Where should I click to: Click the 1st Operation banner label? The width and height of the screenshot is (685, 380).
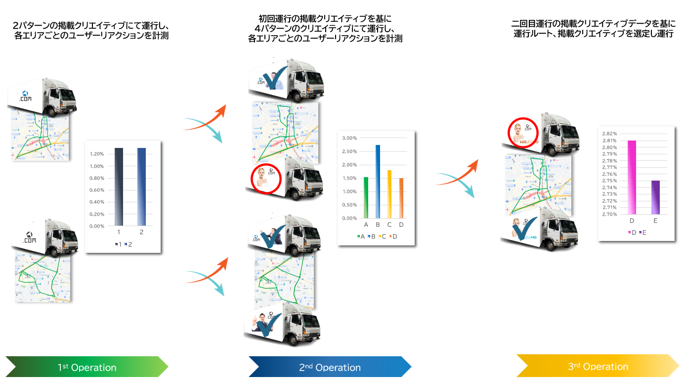pyautogui.click(x=87, y=367)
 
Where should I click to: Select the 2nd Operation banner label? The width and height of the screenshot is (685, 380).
pyautogui.click(x=330, y=367)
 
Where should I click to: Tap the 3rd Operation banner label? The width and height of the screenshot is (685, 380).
pyautogui.click(x=598, y=367)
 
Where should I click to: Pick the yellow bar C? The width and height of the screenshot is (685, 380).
pyautogui.click(x=389, y=194)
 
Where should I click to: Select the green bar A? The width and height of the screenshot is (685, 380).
pyautogui.click(x=366, y=197)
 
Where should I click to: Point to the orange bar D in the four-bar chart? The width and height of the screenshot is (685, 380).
pyautogui.click(x=401, y=198)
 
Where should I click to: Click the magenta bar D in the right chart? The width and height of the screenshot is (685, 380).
pyautogui.click(x=632, y=177)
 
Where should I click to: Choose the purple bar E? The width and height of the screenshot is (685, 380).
pyautogui.click(x=655, y=197)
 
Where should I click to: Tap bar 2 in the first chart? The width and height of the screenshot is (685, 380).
pyautogui.click(x=141, y=187)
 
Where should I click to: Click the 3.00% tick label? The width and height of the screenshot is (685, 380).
pyautogui.click(x=349, y=138)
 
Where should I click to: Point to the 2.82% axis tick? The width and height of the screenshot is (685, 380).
pyautogui.click(x=610, y=134)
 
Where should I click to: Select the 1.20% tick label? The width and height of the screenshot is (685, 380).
pyautogui.click(x=96, y=154)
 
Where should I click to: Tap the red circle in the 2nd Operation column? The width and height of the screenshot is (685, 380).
pyautogui.click(x=266, y=178)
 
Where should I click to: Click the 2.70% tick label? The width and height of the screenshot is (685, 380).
pyautogui.click(x=610, y=214)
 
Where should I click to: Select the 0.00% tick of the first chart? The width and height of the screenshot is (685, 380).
pyautogui.click(x=96, y=226)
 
